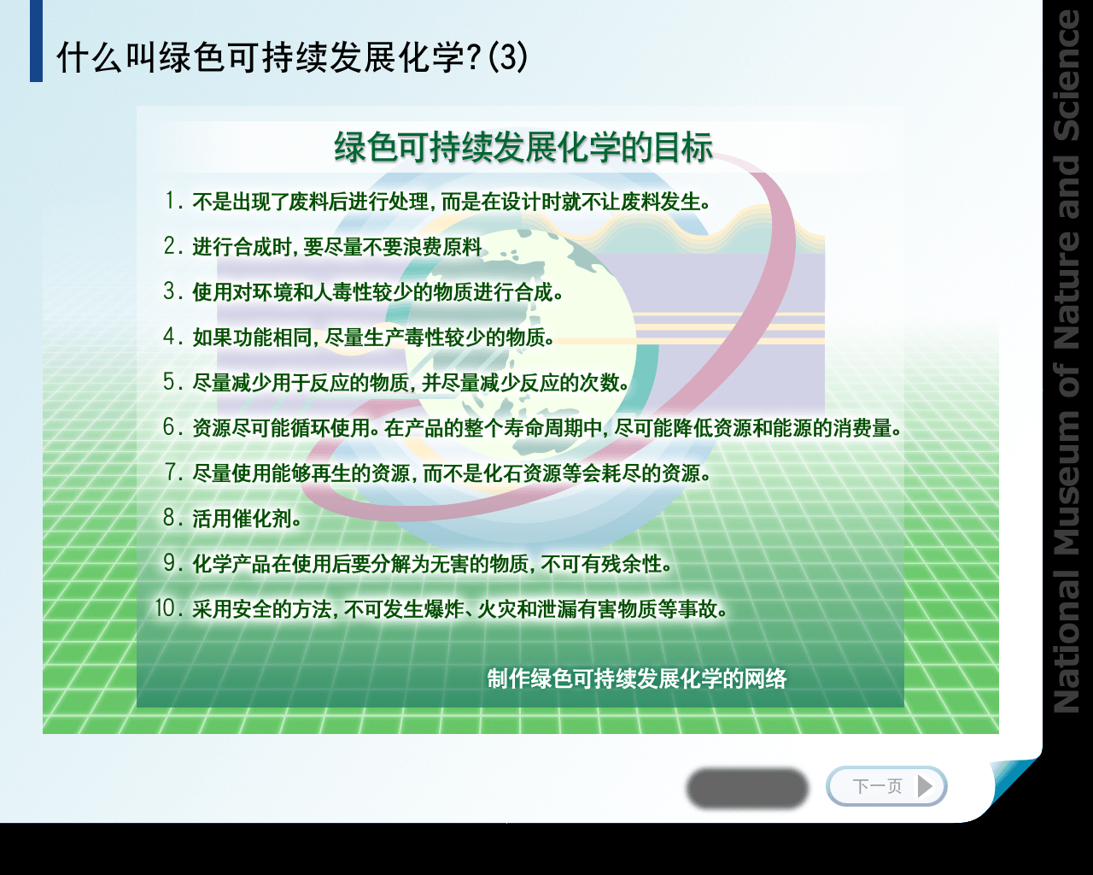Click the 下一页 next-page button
point(886,786)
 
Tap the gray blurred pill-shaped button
point(747,789)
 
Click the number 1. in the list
point(174,201)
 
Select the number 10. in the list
point(168,608)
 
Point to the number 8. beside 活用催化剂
point(173,518)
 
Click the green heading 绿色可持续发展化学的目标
point(523,148)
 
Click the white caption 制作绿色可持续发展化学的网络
point(637,678)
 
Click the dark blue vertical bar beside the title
point(36,41)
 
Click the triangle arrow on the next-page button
point(926,786)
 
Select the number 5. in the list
point(173,381)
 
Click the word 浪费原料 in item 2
point(441,247)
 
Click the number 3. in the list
point(173,291)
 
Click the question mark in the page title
point(473,56)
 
